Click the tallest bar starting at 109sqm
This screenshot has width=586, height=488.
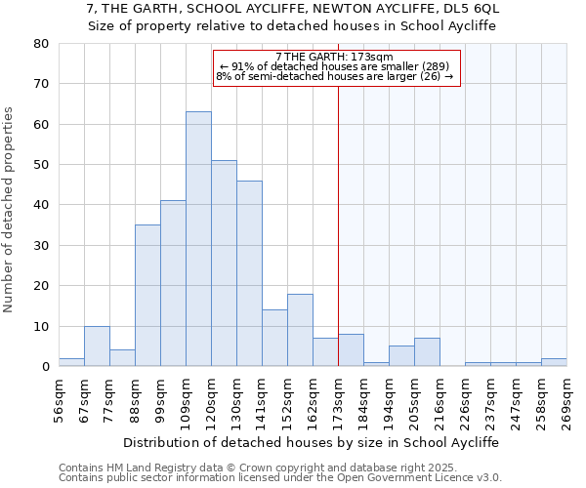[x=198, y=239]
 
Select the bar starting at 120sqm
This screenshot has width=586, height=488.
[x=224, y=264]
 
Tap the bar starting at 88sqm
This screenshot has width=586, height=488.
[x=147, y=296]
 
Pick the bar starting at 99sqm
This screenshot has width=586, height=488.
[x=173, y=283]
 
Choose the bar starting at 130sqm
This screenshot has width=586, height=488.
[x=249, y=273]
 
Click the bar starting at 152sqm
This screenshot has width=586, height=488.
[x=300, y=330]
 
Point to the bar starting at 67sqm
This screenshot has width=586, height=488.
[x=97, y=346]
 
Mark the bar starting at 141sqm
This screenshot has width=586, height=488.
[x=274, y=338]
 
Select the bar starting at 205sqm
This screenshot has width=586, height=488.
[x=427, y=352]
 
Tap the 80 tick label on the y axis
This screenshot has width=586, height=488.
[x=40, y=44]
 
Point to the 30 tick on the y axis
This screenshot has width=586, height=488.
[x=40, y=246]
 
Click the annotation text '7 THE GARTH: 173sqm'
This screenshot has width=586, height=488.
[x=334, y=57]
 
